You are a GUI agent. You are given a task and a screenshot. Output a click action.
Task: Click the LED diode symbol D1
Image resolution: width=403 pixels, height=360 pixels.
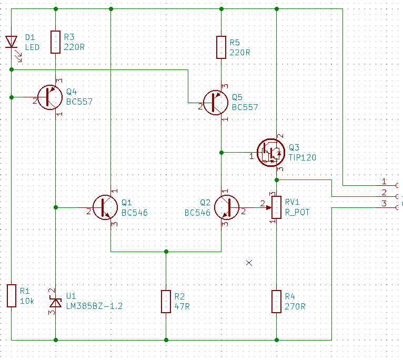click(11, 42)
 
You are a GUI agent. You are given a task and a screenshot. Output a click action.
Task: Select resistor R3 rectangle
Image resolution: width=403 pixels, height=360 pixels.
click(56, 42)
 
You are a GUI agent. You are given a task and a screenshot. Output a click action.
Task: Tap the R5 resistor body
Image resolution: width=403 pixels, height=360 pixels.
click(221, 47)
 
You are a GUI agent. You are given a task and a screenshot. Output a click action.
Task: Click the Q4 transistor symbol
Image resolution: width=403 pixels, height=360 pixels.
click(50, 97)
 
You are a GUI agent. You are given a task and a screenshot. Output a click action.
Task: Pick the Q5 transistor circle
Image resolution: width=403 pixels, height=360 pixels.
click(215, 103)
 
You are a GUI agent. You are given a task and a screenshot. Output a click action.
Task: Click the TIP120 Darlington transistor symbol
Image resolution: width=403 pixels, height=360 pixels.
click(271, 153)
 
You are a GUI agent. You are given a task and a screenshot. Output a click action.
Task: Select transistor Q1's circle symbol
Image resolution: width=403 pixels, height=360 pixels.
click(105, 207)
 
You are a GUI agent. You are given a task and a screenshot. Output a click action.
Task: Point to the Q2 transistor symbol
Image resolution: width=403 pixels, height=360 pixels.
click(227, 207)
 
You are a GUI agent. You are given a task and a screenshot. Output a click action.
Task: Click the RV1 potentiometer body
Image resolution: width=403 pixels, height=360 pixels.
click(277, 207)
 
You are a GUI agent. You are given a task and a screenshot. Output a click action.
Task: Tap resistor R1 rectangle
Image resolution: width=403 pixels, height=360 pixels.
click(11, 296)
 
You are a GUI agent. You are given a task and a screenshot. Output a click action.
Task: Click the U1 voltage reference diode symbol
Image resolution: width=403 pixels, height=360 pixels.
click(56, 303)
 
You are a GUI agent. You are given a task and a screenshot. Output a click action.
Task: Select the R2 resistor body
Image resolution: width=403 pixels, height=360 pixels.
click(166, 302)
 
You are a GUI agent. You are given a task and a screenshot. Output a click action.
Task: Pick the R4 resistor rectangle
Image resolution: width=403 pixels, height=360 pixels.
click(277, 302)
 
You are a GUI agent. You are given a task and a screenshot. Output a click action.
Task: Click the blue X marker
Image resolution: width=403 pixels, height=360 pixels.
click(249, 263)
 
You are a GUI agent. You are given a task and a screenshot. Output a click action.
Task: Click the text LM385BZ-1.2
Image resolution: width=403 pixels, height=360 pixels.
click(94, 306)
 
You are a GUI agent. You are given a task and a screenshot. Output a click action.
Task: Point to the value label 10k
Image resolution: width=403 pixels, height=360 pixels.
click(27, 301)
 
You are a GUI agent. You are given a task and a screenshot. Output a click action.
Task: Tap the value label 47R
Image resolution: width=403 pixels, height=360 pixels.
click(182, 306)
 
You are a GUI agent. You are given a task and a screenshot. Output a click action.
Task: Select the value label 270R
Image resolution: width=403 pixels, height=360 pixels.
click(295, 306)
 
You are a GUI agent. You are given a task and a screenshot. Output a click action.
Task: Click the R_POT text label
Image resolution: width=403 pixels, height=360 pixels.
click(297, 212)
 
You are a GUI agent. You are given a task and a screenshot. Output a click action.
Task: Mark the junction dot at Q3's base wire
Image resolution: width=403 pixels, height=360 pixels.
click(221, 153)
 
